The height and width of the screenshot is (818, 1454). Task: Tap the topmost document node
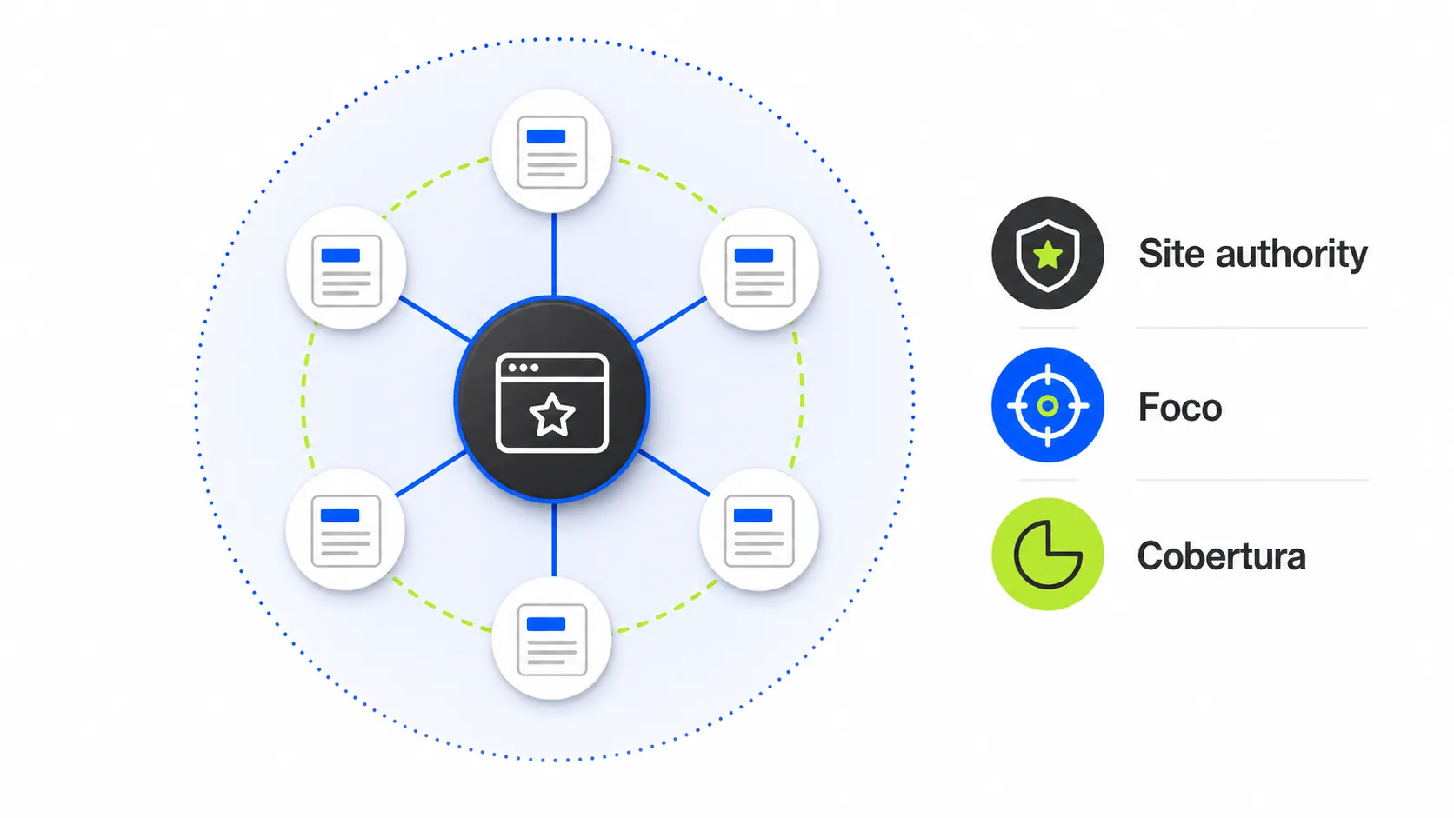coord(551,152)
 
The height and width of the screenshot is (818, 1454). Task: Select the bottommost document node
coord(551,640)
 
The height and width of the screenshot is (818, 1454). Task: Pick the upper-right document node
coord(759,269)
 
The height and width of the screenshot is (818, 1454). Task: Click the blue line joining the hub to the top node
coord(554,255)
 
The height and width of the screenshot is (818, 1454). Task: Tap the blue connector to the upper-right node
coord(670,320)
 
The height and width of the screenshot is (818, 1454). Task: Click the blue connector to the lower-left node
coord(430,474)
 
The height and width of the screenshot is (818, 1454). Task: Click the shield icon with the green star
coord(1048,253)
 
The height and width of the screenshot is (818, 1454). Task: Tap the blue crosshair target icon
coord(1048,405)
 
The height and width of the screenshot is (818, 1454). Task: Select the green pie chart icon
coord(1048,554)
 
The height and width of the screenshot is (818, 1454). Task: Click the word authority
coord(1291,255)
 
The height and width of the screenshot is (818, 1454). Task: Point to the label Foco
coord(1179,408)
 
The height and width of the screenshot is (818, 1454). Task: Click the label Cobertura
coord(1221,556)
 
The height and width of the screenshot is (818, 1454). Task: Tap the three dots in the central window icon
coord(524,368)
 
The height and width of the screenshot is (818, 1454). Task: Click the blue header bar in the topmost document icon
coord(546,136)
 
